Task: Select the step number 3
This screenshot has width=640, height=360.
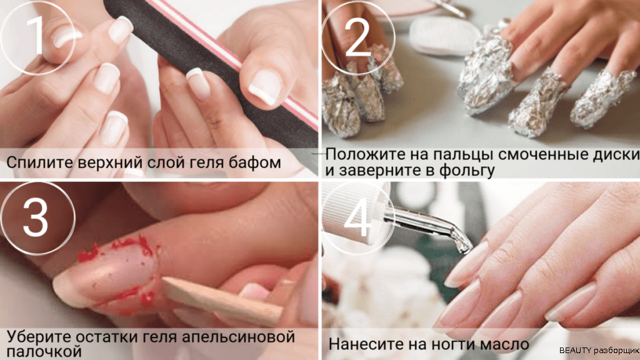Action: pyautogui.click(x=36, y=216)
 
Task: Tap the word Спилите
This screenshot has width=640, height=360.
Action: pyautogui.click(x=39, y=162)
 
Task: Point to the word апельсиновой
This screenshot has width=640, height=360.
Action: pyautogui.click(x=238, y=337)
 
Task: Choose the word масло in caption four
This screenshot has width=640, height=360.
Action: pyautogui.click(x=504, y=344)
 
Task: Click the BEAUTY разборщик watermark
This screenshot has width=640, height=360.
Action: pyautogui.click(x=599, y=351)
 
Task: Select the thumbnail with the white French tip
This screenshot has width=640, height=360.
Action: pyautogui.click(x=266, y=86)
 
